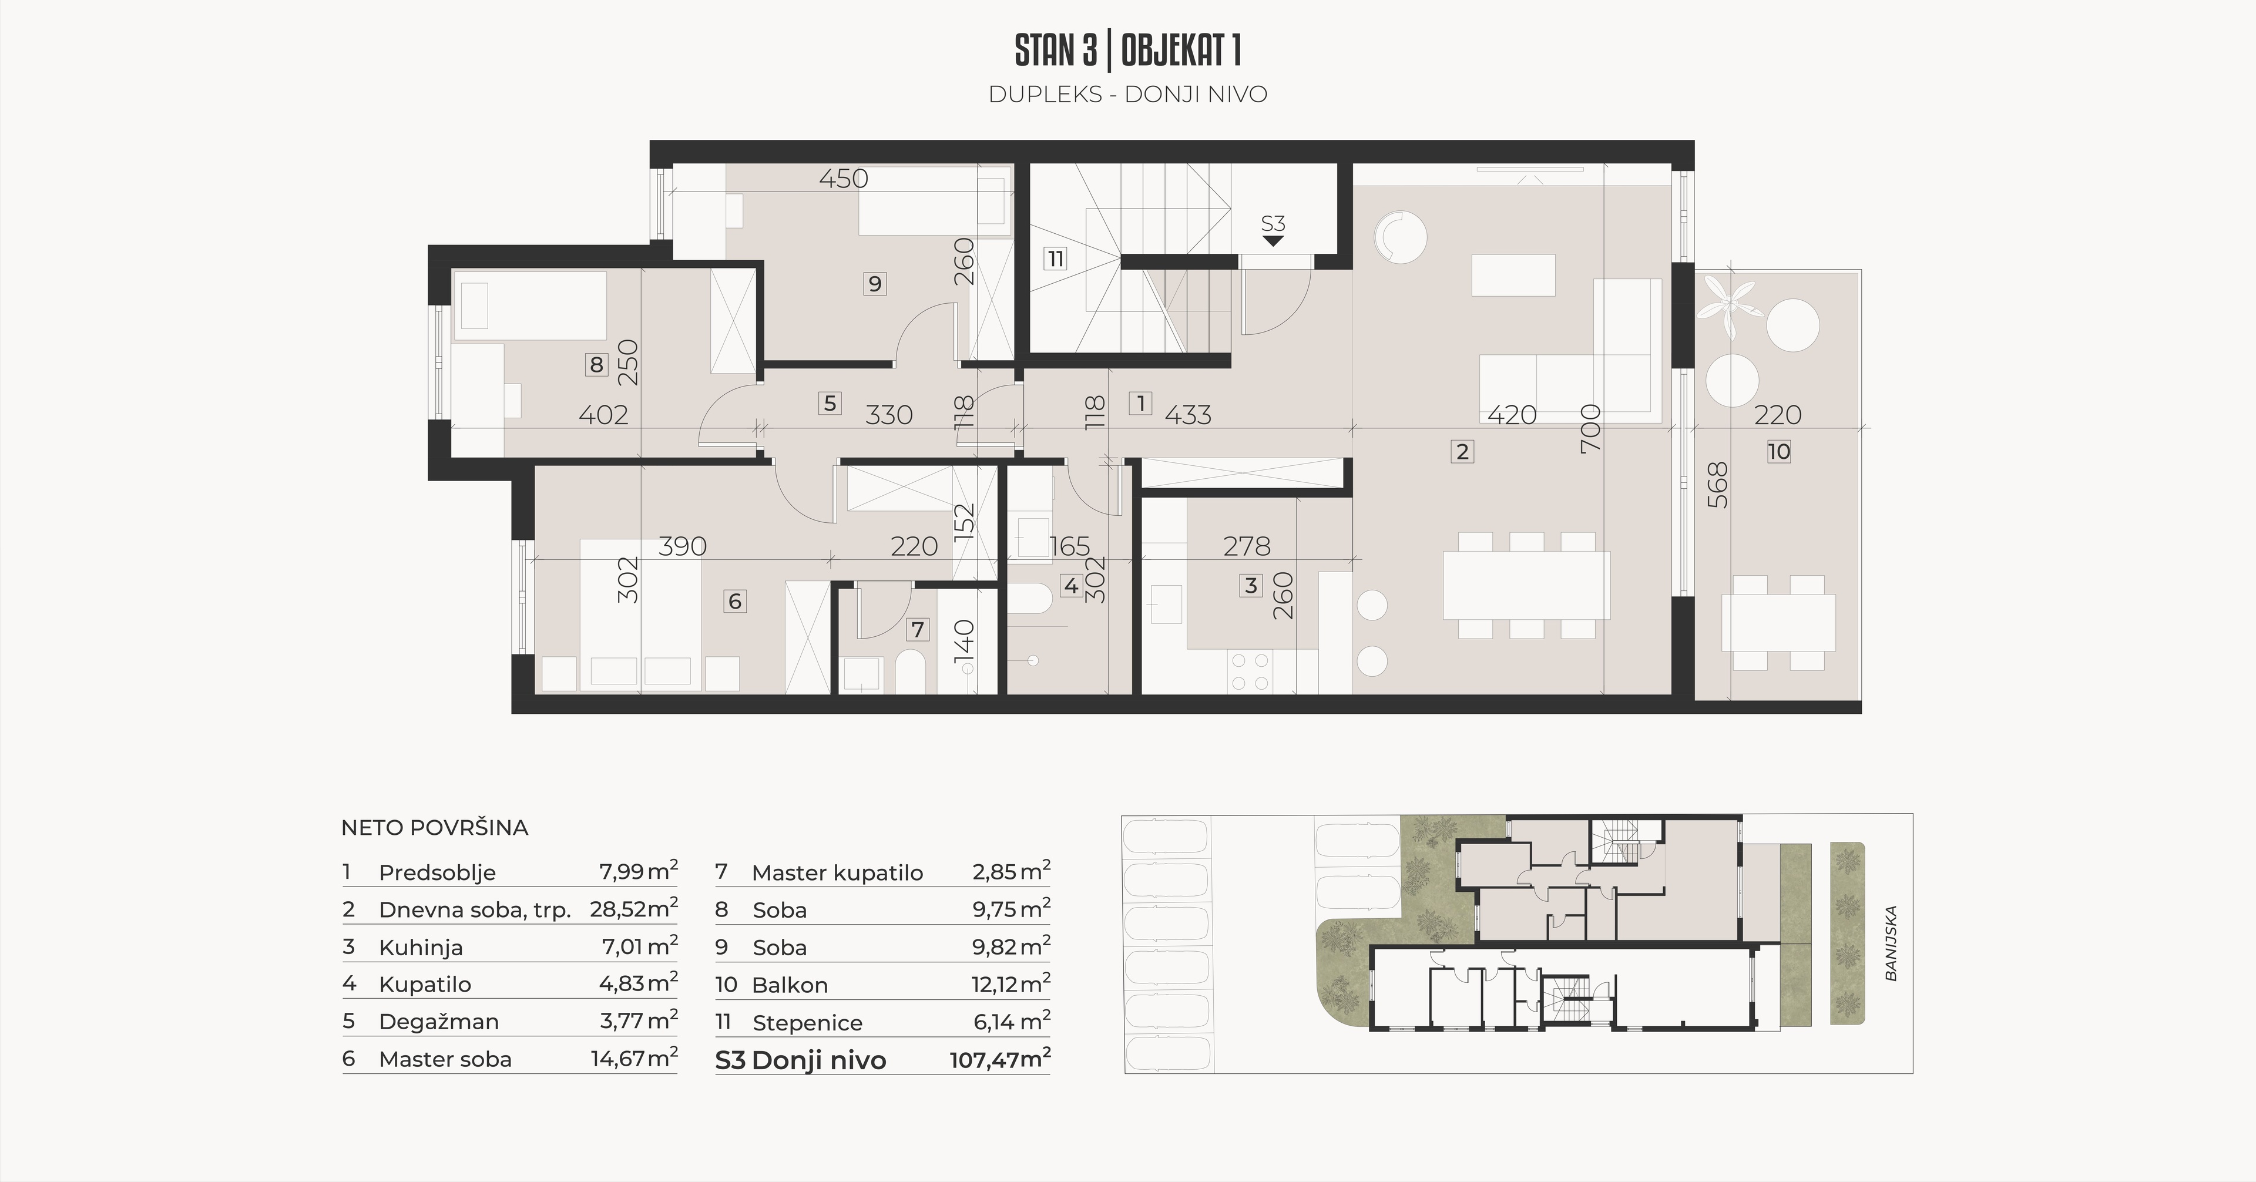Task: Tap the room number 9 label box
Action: (874, 284)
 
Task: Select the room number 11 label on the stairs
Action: (1055, 259)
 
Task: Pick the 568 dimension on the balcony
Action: (1718, 485)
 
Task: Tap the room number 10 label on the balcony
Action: (1779, 452)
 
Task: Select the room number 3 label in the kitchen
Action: (1251, 586)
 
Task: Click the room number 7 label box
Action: (917, 630)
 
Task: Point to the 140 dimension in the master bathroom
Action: (963, 641)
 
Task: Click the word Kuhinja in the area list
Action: (421, 948)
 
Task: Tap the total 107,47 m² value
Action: (1000, 1059)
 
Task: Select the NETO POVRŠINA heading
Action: (434, 827)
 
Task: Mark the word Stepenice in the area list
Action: (807, 1023)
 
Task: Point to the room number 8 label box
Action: (596, 364)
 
